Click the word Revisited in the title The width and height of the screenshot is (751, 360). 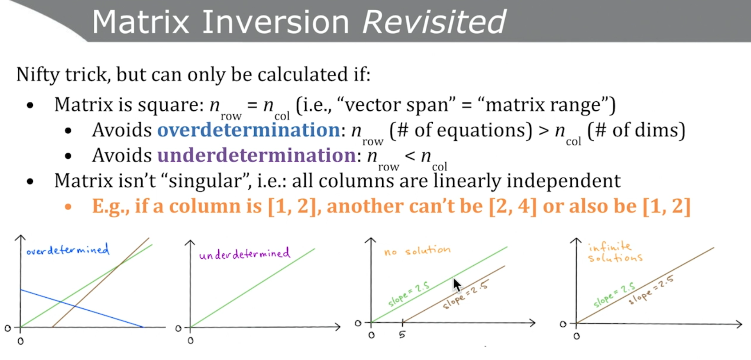[x=435, y=22]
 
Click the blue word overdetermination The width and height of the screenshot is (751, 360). [x=249, y=130]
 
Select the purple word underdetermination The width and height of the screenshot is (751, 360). [x=256, y=156]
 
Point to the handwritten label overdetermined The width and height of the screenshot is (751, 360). [x=68, y=250]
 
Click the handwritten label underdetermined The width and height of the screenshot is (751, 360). [x=244, y=253]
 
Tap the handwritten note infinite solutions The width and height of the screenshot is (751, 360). [x=615, y=252]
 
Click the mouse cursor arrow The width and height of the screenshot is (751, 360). [x=457, y=285]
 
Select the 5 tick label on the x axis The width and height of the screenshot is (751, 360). [x=402, y=335]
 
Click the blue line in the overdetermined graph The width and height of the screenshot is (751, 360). [x=81, y=308]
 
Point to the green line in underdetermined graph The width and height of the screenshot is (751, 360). [x=252, y=288]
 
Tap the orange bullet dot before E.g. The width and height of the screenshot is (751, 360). [x=68, y=207]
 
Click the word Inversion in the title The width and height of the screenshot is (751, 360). [x=276, y=23]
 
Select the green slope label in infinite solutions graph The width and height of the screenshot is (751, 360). [x=614, y=295]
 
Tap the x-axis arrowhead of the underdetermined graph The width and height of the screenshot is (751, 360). [x=338, y=327]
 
